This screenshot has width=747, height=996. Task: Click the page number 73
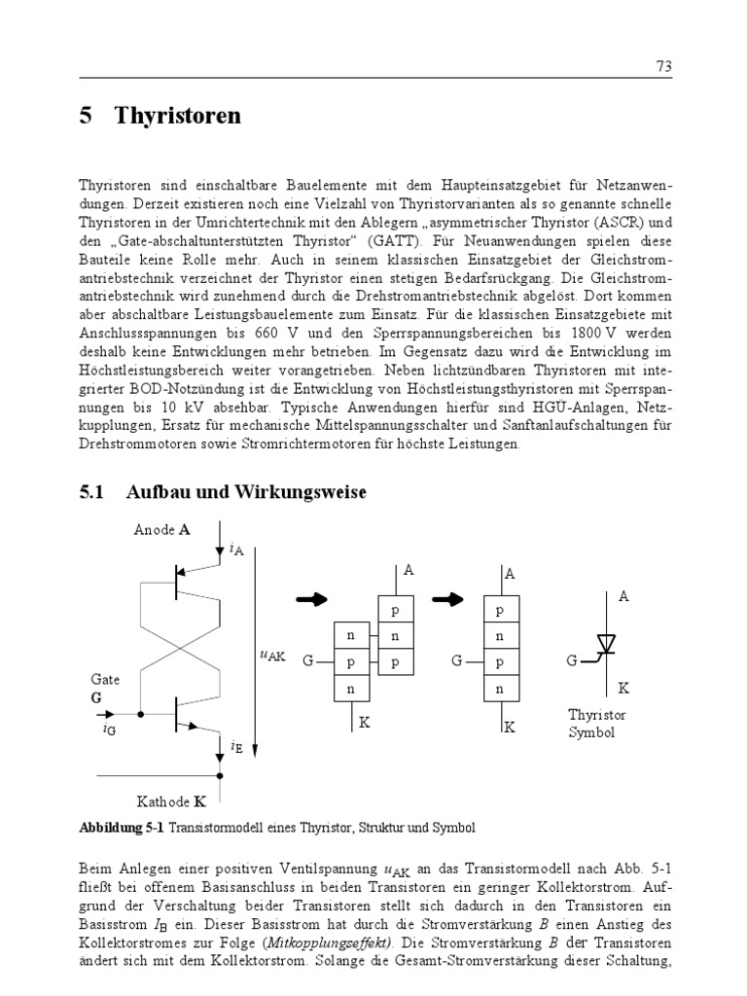pyautogui.click(x=664, y=66)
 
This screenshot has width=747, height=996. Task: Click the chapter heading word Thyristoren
pyautogui.click(x=178, y=117)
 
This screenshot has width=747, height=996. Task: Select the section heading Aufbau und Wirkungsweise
pyautogui.click(x=246, y=492)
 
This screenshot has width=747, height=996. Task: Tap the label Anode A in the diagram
pyautogui.click(x=161, y=530)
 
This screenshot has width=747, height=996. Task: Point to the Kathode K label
pyautogui.click(x=171, y=803)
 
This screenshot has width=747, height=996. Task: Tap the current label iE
pyautogui.click(x=237, y=747)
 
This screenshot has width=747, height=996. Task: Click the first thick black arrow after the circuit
pyautogui.click(x=312, y=600)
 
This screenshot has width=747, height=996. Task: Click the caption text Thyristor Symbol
pyautogui.click(x=596, y=724)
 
